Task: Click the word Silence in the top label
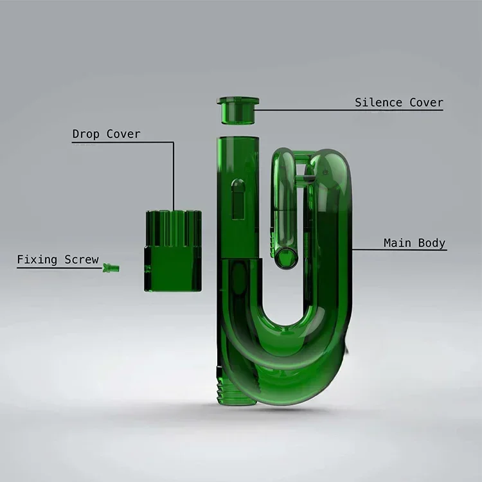coord(379,103)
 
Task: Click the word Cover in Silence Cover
coord(426,103)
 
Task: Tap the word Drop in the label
coord(85,134)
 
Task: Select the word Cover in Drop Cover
coord(123,134)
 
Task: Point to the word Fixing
coord(37,260)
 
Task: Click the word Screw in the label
coord(82,260)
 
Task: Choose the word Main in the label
coord(397,243)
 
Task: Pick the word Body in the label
coord(432,243)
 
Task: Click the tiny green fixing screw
coord(111,268)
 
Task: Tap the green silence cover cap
coord(238,110)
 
